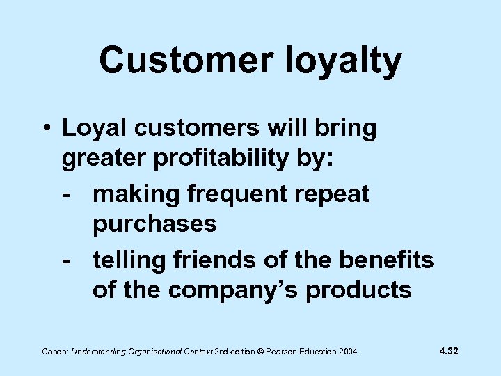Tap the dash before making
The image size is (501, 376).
67,194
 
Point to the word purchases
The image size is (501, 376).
154,225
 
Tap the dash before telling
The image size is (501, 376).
67,260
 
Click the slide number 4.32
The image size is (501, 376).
449,351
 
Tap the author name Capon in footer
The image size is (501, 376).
51,352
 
